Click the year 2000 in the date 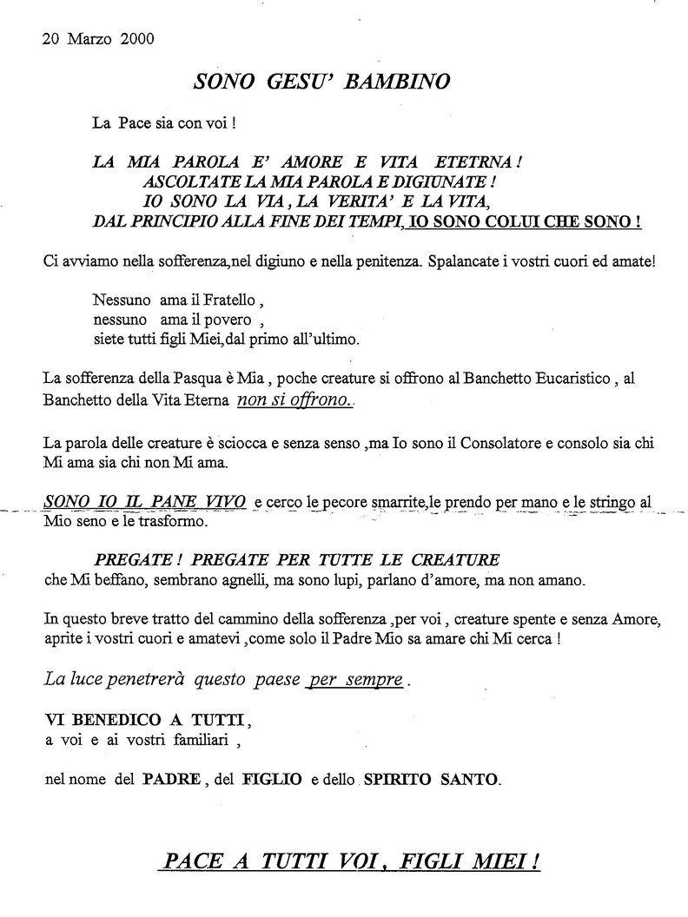[138, 38]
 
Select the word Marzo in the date [89, 38]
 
